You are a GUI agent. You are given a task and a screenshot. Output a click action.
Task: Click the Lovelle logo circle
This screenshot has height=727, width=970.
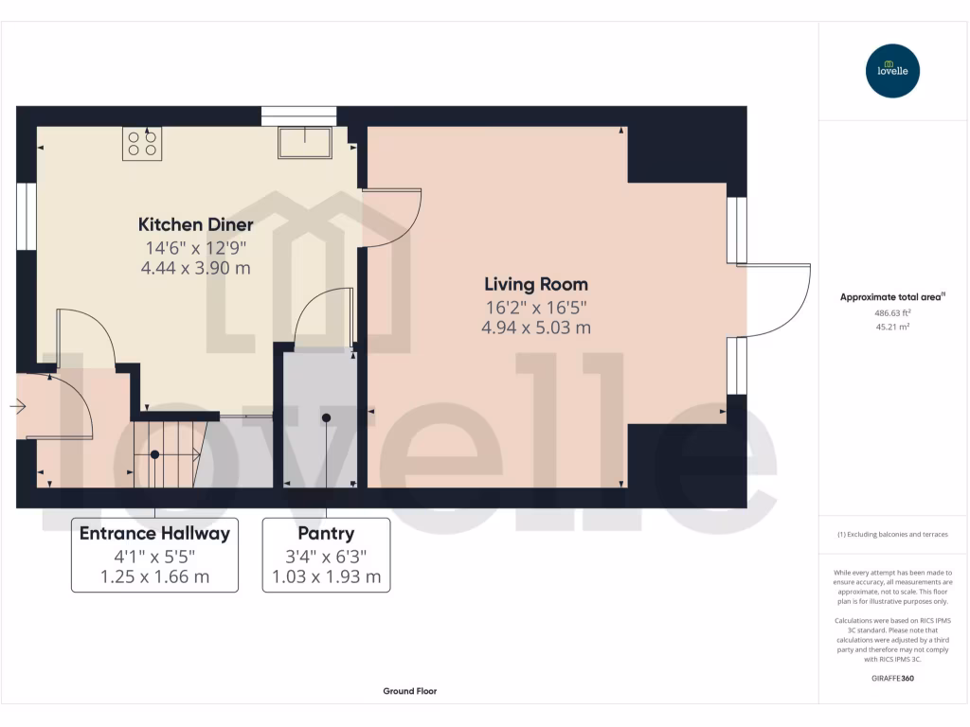(892, 71)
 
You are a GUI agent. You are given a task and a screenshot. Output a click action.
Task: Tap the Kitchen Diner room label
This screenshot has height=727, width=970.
(196, 224)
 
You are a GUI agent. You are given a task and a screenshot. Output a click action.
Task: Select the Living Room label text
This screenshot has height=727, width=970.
(536, 284)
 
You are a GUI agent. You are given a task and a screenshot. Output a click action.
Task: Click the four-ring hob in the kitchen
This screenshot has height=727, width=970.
(142, 143)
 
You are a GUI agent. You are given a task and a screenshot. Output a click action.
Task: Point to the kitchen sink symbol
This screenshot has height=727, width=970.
(304, 143)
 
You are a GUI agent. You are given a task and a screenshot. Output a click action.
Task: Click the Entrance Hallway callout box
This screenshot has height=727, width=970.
(154, 555)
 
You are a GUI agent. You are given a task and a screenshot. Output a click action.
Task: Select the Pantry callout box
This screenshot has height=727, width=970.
(326, 555)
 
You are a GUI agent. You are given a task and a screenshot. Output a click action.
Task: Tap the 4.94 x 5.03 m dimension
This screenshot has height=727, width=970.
(536, 328)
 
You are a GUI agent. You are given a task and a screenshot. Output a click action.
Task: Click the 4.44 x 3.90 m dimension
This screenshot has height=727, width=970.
(196, 268)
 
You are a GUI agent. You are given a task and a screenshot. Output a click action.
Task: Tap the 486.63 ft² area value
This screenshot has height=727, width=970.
(892, 312)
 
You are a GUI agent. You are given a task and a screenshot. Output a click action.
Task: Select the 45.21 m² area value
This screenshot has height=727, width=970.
(892, 327)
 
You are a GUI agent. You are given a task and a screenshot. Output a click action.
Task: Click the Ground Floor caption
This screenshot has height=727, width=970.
(409, 691)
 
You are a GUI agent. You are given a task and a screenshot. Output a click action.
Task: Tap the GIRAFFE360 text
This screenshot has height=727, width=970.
(892, 679)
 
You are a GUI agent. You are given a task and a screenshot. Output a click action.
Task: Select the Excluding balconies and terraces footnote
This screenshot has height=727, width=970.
(892, 535)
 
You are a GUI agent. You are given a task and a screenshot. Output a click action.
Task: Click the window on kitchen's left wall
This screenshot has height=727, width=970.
(26, 217)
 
